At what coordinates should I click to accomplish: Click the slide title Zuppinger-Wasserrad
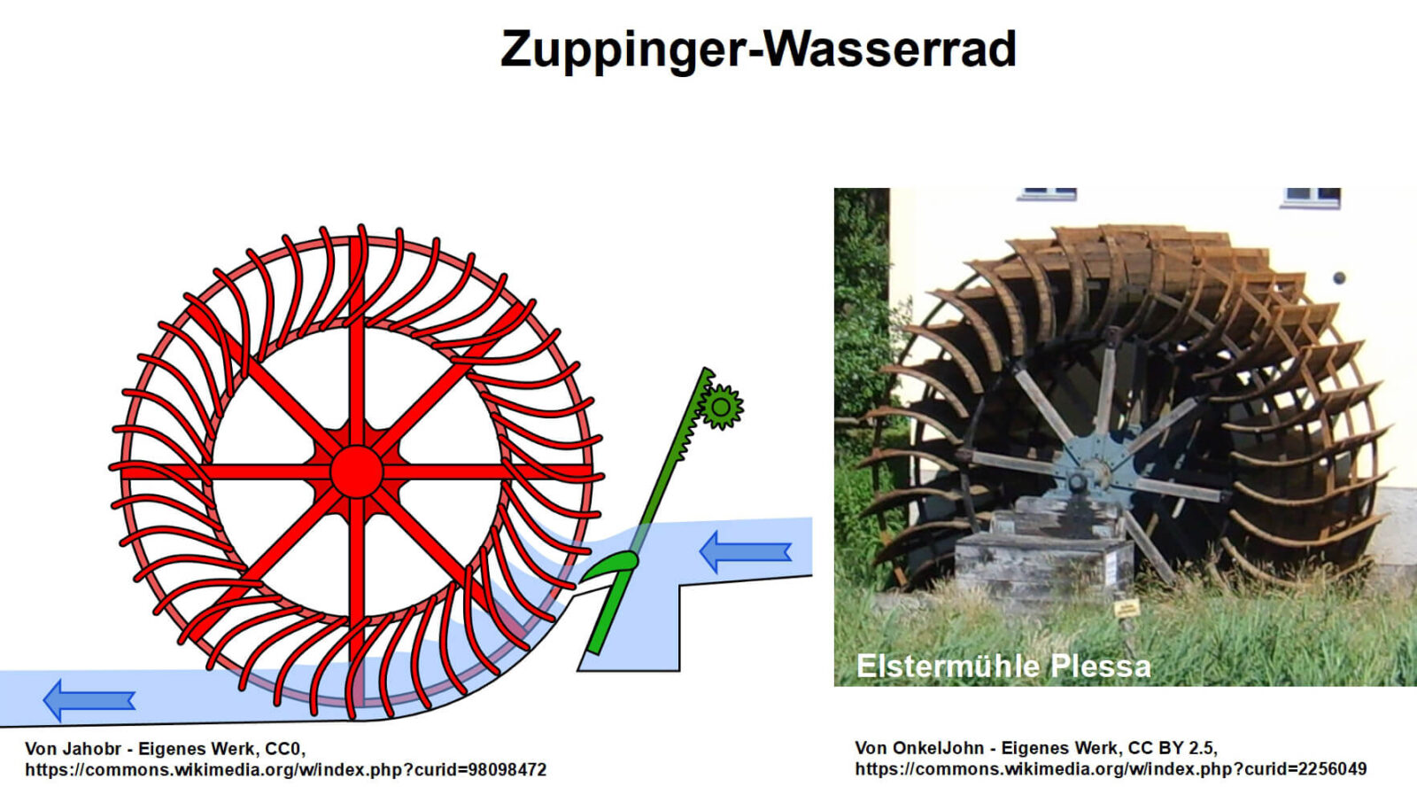pos(758,49)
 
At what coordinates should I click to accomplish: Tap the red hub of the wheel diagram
pos(357,472)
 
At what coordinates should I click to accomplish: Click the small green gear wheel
pos(721,408)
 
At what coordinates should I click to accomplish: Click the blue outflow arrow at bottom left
pos(89,700)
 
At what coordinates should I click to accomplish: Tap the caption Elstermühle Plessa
pos(1003,666)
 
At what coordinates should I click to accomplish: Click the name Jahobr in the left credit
pos(91,749)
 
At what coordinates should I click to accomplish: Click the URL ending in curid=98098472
pos(285,770)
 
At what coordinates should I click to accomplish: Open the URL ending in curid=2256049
pos(1111,769)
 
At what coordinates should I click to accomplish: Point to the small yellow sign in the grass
pos(1127,608)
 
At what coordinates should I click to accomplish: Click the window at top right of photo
pos(1312,194)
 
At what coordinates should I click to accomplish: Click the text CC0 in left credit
pos(283,749)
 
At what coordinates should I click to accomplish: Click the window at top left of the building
pos(1047,193)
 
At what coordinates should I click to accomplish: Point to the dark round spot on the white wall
pos(1339,278)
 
